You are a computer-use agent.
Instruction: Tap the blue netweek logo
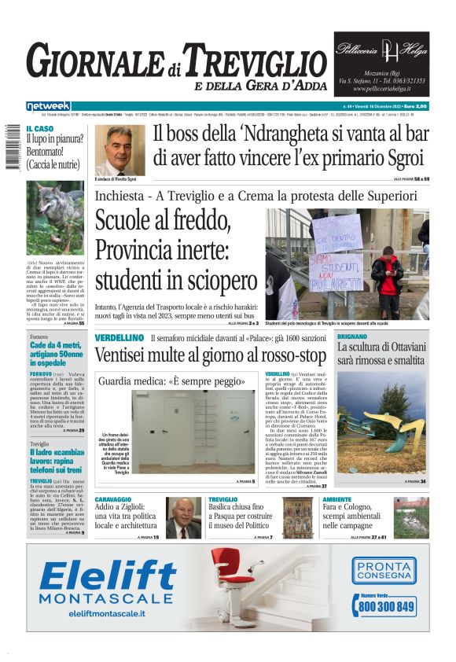(x=48, y=105)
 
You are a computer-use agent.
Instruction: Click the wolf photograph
(x=55, y=218)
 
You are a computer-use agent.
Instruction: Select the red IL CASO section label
(x=40, y=129)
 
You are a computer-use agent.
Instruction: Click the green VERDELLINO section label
(x=119, y=337)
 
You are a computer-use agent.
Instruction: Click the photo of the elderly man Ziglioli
(x=183, y=517)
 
